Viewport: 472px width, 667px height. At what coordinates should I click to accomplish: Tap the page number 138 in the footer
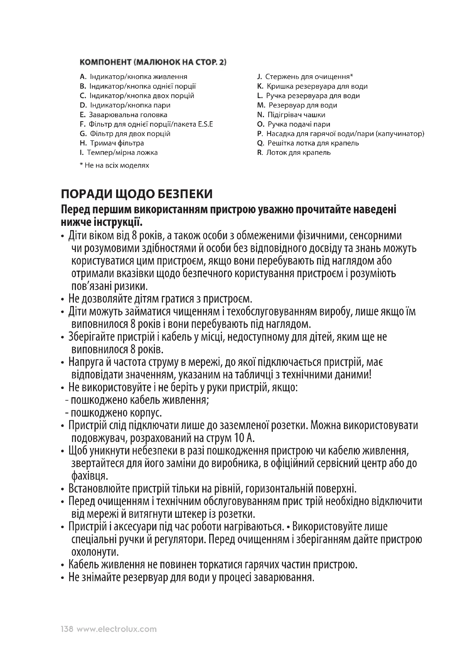pyautogui.click(x=67, y=629)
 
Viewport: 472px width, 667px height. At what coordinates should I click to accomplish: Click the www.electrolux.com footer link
pyautogui.click(x=116, y=629)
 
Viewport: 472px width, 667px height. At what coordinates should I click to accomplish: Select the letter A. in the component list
pyautogui.click(x=83, y=77)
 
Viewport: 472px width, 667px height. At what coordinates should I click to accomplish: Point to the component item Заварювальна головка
pyautogui.click(x=128, y=115)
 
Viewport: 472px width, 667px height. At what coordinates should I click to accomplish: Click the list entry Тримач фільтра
pyautogui.click(x=117, y=143)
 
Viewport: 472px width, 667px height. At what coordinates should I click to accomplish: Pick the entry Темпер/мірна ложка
pyautogui.click(x=122, y=153)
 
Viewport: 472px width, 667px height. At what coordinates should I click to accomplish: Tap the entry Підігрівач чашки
pyautogui.click(x=296, y=115)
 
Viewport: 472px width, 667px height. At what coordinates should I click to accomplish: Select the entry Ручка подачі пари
pyautogui.click(x=299, y=124)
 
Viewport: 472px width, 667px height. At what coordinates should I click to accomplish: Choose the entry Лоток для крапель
pyautogui.click(x=298, y=153)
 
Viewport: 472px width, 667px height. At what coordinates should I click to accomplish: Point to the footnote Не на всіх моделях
pyautogui.click(x=116, y=166)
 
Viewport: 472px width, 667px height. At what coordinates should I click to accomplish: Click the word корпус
pyautogui.click(x=145, y=413)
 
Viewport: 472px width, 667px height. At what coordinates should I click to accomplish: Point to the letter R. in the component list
pyautogui.click(x=260, y=153)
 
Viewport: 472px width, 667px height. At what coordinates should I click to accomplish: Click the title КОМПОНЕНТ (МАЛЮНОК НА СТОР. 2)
pyautogui.click(x=153, y=62)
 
